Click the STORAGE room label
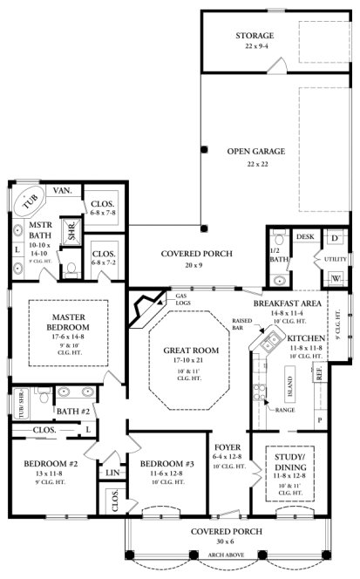click(255, 35)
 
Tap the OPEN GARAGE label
click(255, 151)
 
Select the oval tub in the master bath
click(33, 200)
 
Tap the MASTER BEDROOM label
click(67, 320)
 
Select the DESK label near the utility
click(305, 236)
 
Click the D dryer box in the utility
click(335, 237)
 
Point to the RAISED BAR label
click(242, 323)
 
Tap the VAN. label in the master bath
click(63, 190)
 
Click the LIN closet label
click(112, 473)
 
